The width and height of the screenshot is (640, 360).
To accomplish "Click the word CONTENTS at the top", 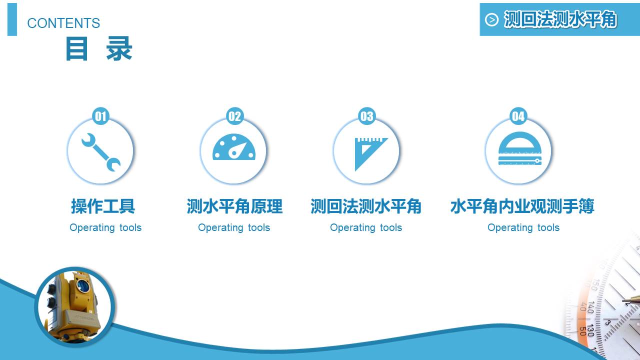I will click(63, 23).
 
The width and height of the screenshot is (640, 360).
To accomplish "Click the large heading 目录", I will click(98, 49).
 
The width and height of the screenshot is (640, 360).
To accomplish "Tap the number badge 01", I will click(101, 116).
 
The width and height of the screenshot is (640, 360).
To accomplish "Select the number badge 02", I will click(234, 116).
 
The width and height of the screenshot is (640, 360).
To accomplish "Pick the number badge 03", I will click(366, 116).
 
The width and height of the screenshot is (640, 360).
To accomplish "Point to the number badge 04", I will click(518, 116).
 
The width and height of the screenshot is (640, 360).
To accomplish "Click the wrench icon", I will click(100, 152).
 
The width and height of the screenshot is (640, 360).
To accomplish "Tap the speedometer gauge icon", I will click(234, 148).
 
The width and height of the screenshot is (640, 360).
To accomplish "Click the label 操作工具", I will click(103, 206).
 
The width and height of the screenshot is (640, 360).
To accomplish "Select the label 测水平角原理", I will click(234, 206).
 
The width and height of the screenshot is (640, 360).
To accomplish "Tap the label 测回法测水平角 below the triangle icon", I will click(366, 206).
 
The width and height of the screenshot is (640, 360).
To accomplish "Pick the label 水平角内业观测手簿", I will click(522, 206).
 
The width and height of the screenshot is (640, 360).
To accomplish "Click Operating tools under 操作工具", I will click(105, 227).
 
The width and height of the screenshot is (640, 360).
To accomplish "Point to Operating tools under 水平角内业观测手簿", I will click(523, 227).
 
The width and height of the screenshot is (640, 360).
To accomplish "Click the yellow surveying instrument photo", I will click(75, 306).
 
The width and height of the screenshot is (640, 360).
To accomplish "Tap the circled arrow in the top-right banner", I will click(492, 20).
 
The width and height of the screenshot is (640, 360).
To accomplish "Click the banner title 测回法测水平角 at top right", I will click(560, 19).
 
